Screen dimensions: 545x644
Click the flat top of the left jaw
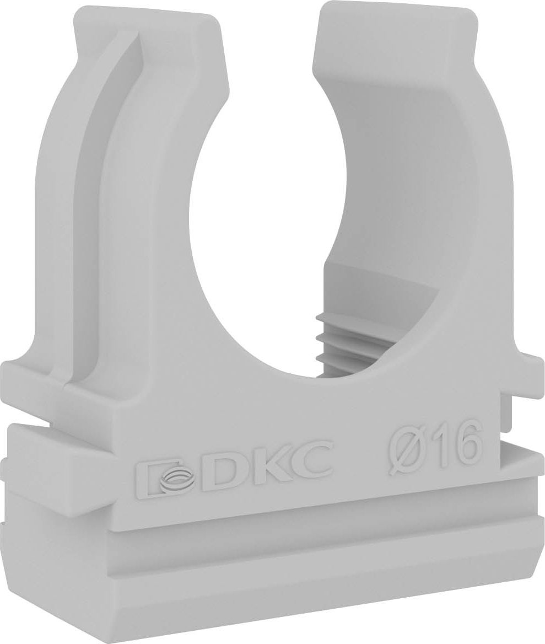click(148, 19)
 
